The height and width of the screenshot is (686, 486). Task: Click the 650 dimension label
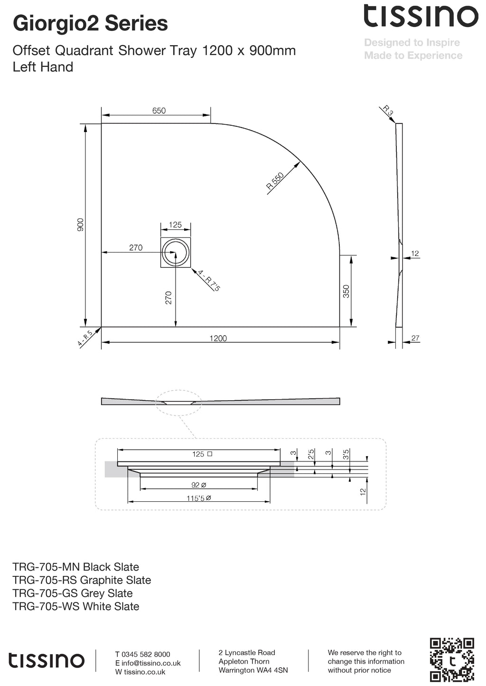(159, 111)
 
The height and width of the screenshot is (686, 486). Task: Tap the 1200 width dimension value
(218, 338)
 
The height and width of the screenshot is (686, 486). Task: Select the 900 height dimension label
(81, 225)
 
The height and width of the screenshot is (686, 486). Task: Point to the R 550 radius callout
(275, 181)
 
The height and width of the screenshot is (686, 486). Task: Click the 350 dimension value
(346, 291)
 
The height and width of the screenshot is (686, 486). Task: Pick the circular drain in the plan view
(175, 252)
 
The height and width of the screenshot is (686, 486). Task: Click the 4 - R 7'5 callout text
(209, 280)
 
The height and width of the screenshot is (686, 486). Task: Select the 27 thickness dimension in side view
(415, 338)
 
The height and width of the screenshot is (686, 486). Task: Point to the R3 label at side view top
(388, 111)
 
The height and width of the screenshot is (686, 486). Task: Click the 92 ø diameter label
(199, 485)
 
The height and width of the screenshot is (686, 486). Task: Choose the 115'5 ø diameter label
(199, 498)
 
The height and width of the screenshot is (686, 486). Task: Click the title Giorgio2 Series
(90, 23)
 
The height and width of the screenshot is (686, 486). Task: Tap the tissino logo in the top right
(421, 16)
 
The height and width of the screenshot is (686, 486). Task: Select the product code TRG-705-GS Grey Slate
(73, 593)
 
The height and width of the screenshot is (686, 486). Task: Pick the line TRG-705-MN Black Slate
(76, 567)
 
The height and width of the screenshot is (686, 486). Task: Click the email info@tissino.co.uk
(151, 663)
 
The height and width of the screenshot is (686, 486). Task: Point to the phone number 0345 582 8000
(146, 654)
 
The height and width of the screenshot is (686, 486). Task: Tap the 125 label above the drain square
(175, 225)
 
